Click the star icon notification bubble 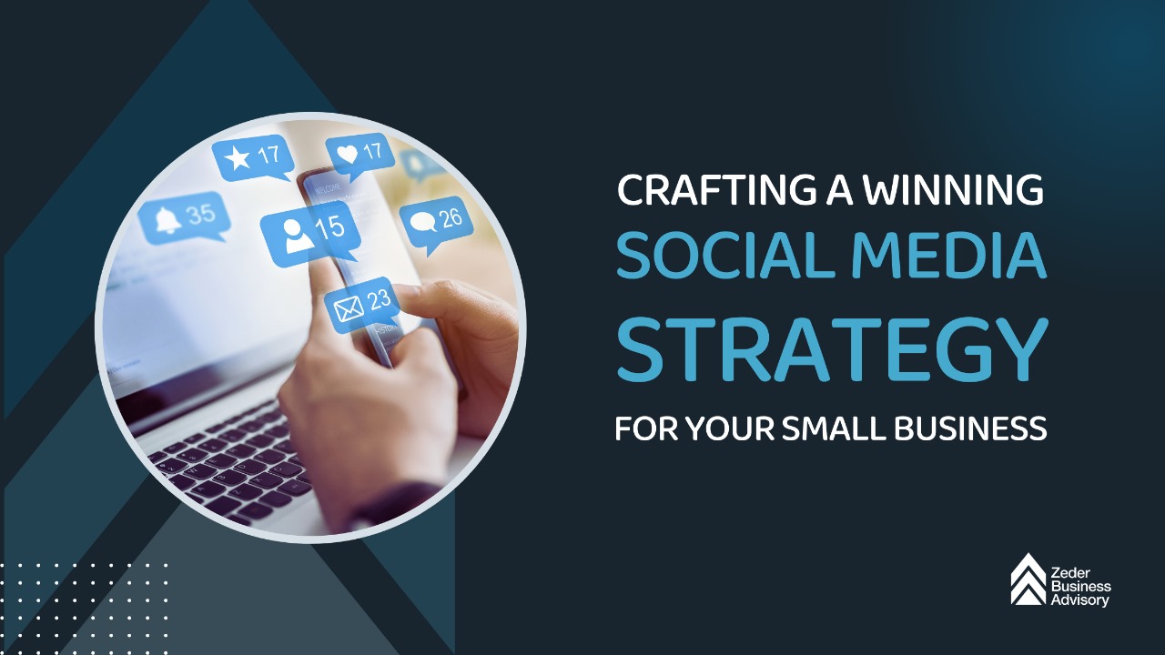(x=253, y=157)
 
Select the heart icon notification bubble (x=360, y=153)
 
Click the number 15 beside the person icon (x=329, y=227)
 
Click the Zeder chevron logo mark (x=1028, y=579)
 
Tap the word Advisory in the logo (x=1080, y=600)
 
